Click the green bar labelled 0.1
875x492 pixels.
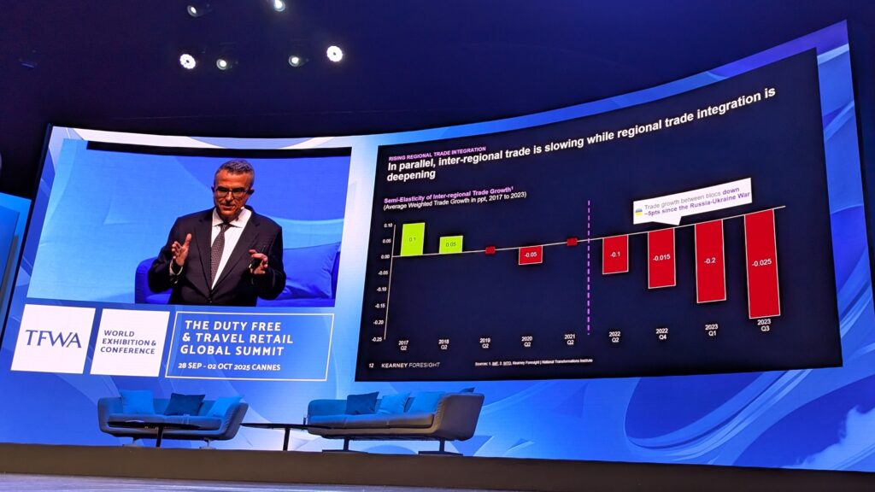tap(413, 239)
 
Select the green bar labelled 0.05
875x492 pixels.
tap(450, 244)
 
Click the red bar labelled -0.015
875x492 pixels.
tap(661, 257)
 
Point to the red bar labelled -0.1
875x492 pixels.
tap(615, 255)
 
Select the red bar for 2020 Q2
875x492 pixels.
tap(530, 255)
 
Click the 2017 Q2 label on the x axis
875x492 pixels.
tap(403, 345)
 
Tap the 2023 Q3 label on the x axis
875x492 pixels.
tap(765, 325)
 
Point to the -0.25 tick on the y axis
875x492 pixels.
tap(377, 339)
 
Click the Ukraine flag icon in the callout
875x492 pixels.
tap(639, 209)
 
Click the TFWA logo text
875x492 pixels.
tap(53, 338)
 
